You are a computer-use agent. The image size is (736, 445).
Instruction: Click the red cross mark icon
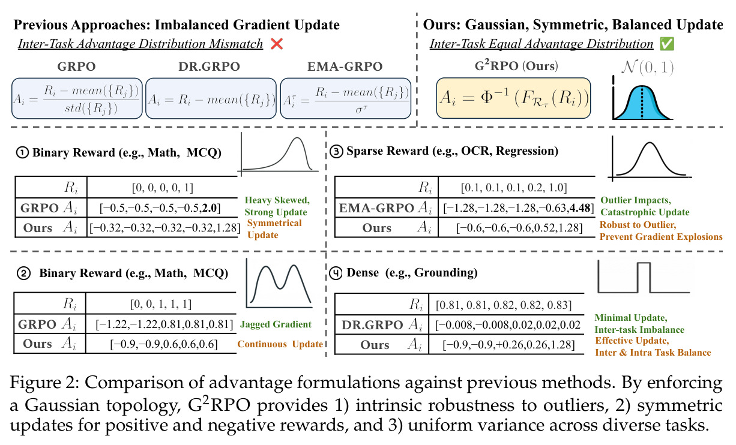(x=277, y=44)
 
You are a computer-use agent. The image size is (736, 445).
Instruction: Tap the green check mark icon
(x=667, y=44)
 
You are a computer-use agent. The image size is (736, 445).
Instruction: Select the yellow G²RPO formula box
(x=513, y=98)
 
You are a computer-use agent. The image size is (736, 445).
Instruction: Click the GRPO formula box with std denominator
(x=77, y=98)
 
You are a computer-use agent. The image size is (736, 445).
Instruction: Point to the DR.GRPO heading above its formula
(x=210, y=67)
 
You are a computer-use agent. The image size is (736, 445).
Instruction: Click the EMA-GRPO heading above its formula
(x=345, y=67)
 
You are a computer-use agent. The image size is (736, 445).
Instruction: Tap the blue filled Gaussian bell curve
(x=642, y=103)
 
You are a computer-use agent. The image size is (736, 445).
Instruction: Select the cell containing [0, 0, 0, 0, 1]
(x=162, y=187)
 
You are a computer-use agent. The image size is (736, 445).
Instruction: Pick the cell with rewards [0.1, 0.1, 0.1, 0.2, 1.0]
(x=514, y=187)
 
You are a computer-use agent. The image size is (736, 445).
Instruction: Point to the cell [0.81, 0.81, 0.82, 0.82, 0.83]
(x=504, y=305)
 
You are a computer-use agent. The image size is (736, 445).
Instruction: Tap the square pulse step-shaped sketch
(x=644, y=277)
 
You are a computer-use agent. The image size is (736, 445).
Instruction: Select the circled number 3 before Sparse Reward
(x=336, y=152)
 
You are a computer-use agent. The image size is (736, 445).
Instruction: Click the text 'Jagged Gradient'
(x=276, y=324)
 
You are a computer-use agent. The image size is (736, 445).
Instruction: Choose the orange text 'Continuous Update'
(x=280, y=344)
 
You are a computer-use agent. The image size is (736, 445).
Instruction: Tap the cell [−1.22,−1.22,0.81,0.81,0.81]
(x=164, y=324)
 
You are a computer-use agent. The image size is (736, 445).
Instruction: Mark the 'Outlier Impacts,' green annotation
(x=636, y=200)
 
